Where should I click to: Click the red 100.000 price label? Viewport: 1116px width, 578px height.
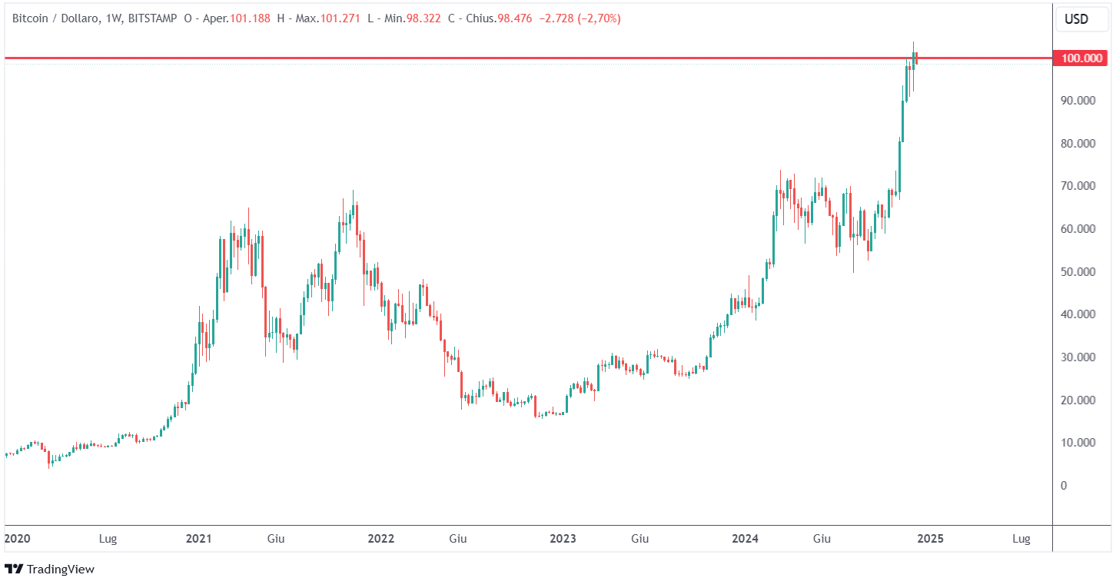pyautogui.click(x=1082, y=58)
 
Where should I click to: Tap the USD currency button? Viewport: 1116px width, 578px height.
pyautogui.click(x=1076, y=18)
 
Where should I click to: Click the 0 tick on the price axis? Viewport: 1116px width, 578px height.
pyautogui.click(x=1064, y=486)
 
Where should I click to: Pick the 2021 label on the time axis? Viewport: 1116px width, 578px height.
pyautogui.click(x=199, y=539)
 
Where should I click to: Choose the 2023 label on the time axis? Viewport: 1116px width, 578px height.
pyautogui.click(x=563, y=539)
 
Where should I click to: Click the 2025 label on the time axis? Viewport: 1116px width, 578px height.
pyautogui.click(x=930, y=539)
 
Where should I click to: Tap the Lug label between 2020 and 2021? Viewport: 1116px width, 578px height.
pyautogui.click(x=108, y=539)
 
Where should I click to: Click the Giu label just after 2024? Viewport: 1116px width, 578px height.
pyautogui.click(x=822, y=539)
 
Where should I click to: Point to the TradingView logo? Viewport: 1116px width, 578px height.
pyautogui.click(x=50, y=569)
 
